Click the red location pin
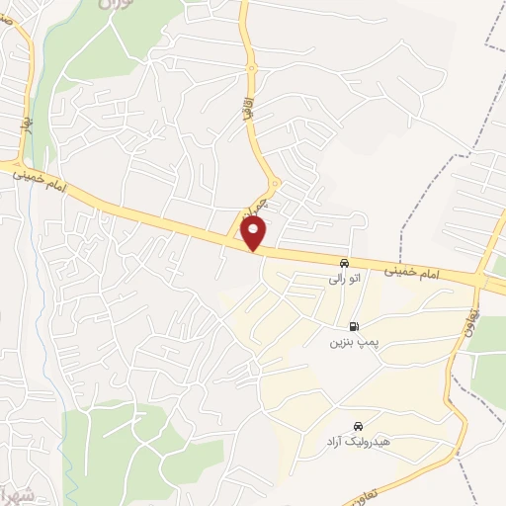[x=255, y=232]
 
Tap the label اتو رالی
[x=345, y=280]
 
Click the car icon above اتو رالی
[x=343, y=264]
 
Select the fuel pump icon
[x=353, y=326]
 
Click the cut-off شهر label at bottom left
[x=16, y=491]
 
